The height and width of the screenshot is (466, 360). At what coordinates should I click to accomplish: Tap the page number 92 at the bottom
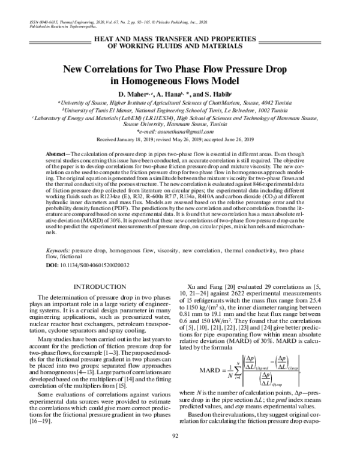(180, 452)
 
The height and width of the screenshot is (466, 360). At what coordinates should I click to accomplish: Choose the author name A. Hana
(170, 95)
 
